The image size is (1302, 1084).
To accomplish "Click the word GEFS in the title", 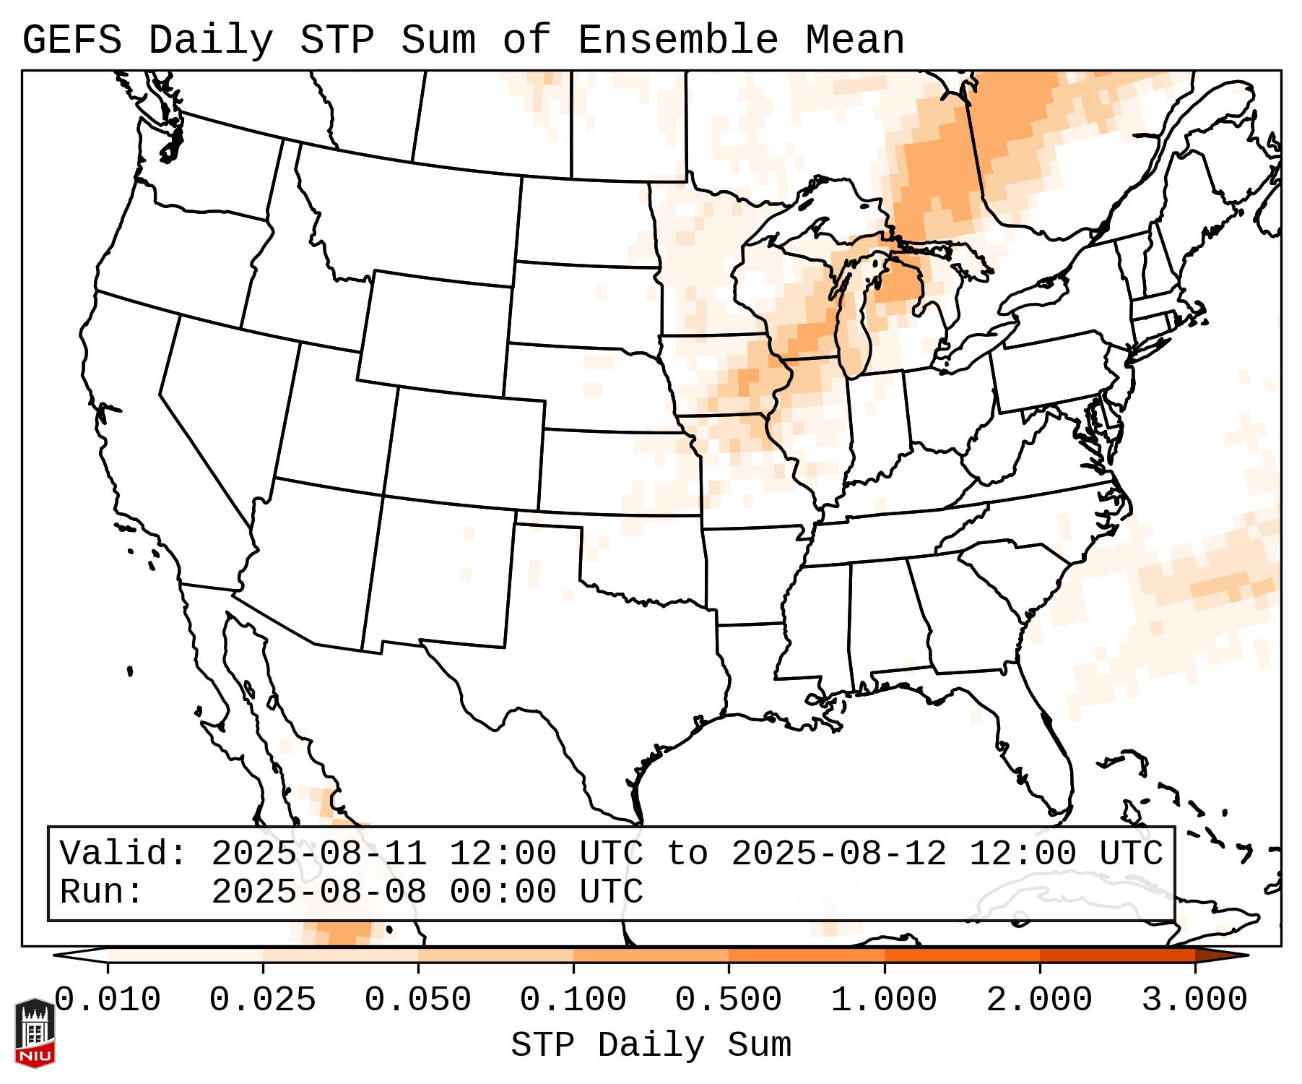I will tap(71, 40).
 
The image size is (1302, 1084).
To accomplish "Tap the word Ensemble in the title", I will tap(678, 40).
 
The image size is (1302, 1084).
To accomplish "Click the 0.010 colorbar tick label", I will tap(108, 1000).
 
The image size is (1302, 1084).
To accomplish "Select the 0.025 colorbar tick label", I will tap(263, 1000).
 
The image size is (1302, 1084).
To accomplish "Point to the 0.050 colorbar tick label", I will tap(418, 1000).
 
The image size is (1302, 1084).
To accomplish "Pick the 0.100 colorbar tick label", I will tap(573, 1000).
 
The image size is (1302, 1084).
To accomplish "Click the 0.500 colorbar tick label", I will tap(729, 1000).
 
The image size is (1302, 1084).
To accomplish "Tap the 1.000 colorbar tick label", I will tap(884, 1000).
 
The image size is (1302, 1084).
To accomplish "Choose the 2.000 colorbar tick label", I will tap(1039, 1000).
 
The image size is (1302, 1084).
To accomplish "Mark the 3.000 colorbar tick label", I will tap(1194, 1000).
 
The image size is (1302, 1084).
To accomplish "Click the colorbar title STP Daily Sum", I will tap(651, 1046).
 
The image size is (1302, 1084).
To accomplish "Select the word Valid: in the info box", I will tap(123, 853).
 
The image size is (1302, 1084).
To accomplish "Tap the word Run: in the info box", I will tap(102, 892).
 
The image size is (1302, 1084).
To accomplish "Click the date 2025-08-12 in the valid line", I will tap(839, 853).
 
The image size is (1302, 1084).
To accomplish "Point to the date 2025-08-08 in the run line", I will tap(319, 892).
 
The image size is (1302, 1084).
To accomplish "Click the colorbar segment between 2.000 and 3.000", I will tap(1117, 955).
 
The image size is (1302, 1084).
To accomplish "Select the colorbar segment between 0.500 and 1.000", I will tap(807, 955).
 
